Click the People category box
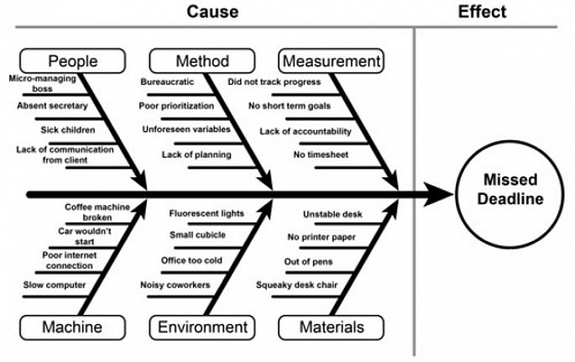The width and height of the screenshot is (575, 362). (x=73, y=61)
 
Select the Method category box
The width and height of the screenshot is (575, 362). (x=201, y=61)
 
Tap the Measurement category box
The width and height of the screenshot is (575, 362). (x=331, y=61)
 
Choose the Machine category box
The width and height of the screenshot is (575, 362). (x=73, y=327)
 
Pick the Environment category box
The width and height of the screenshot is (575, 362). (x=201, y=327)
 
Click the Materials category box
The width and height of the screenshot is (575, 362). (x=331, y=327)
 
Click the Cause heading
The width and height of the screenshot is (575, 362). (x=212, y=12)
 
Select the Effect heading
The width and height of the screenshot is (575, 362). (x=482, y=12)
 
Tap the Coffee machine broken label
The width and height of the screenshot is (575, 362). (x=97, y=211)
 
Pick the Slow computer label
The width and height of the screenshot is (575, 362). (x=54, y=285)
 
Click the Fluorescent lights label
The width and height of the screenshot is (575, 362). (x=206, y=213)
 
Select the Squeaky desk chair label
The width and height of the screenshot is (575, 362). (x=296, y=285)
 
